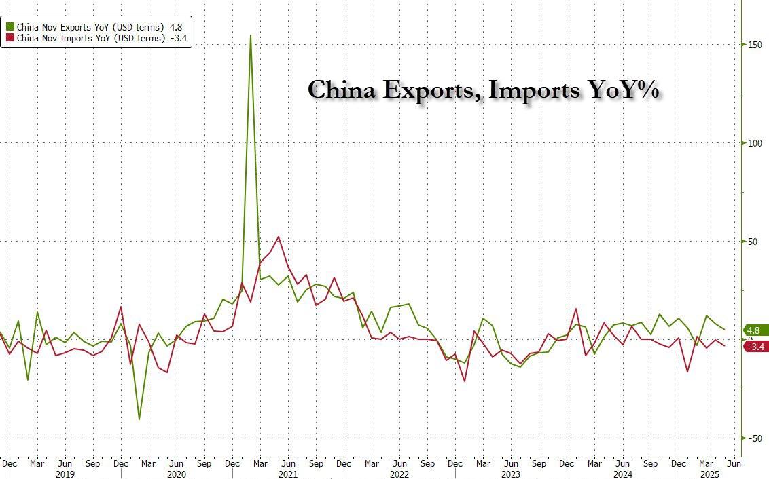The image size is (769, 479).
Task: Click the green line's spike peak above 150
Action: pyautogui.click(x=251, y=35)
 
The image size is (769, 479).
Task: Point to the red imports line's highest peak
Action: pyautogui.click(x=279, y=237)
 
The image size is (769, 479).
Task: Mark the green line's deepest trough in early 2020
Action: pyautogui.click(x=139, y=419)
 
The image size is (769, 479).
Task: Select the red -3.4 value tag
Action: pyautogui.click(x=756, y=347)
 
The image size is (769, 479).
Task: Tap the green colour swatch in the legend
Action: pyautogui.click(x=10, y=27)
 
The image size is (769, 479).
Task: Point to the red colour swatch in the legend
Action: pyautogui.click(x=10, y=39)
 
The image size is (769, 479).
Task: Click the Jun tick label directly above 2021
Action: pyautogui.click(x=288, y=464)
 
